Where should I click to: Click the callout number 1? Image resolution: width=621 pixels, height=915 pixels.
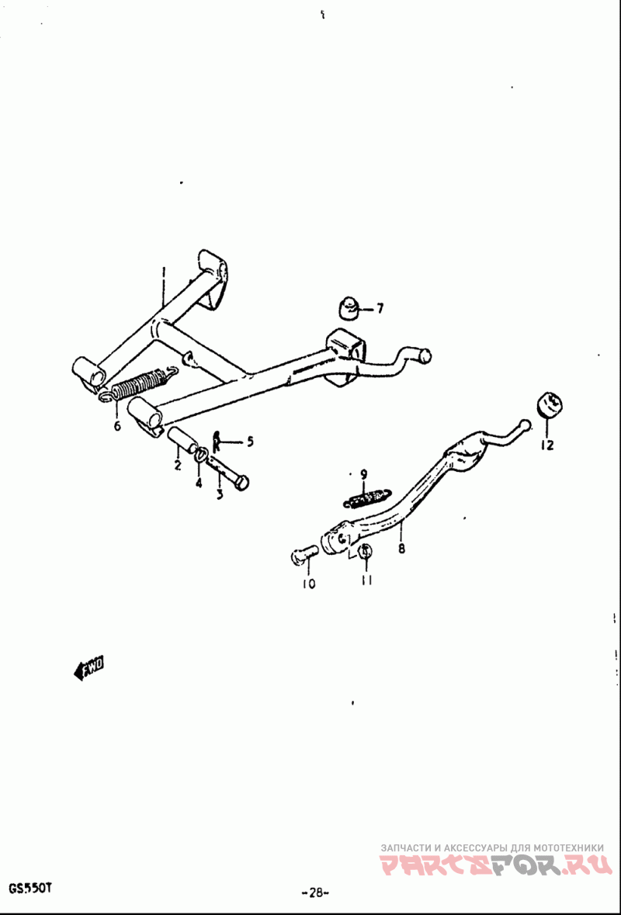(164, 273)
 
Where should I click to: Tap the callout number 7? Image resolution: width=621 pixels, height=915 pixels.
(380, 308)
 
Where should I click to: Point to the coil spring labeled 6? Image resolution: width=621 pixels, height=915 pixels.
(137, 385)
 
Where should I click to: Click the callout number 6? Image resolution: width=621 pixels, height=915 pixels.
(117, 426)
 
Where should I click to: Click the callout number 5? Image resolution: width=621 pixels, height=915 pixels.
(250, 441)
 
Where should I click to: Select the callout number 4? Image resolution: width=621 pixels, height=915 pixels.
(199, 483)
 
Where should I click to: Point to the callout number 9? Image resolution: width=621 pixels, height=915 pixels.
(363, 474)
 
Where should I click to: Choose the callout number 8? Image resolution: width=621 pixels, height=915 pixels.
(401, 549)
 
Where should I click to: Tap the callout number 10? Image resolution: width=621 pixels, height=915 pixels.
(309, 583)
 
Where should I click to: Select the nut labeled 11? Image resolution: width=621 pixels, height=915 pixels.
(366, 550)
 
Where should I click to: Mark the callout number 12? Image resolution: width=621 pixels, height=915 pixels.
(546, 445)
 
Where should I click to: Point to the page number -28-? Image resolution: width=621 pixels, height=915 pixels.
(316, 892)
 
